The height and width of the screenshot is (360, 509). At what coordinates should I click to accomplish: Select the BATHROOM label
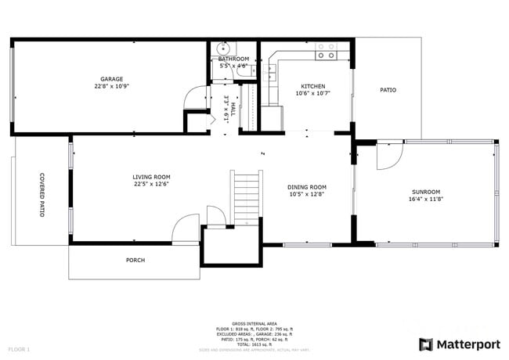pos(233,59)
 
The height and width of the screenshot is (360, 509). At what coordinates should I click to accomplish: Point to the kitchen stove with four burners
pos(326,52)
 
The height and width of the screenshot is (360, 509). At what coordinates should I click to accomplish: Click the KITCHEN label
pos(313,86)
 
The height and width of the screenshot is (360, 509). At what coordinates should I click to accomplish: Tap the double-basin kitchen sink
pos(272,74)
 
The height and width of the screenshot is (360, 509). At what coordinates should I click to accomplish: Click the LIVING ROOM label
pos(151,177)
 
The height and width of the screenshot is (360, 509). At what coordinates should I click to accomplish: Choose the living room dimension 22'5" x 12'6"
pos(151,184)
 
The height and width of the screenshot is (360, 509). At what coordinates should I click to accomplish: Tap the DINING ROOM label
pos(307,186)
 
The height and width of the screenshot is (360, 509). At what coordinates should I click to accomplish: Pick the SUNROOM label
pos(426,192)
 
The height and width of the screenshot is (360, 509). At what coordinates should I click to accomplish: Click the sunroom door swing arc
pos(388,157)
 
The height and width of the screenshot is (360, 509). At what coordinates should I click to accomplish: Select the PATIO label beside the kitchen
pos(388,90)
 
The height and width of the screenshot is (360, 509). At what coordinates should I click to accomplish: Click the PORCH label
pos(135,260)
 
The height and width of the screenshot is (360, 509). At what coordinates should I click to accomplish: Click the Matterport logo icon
pos(426,344)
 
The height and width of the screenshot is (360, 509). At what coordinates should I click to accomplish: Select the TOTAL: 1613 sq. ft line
pos(254,344)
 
